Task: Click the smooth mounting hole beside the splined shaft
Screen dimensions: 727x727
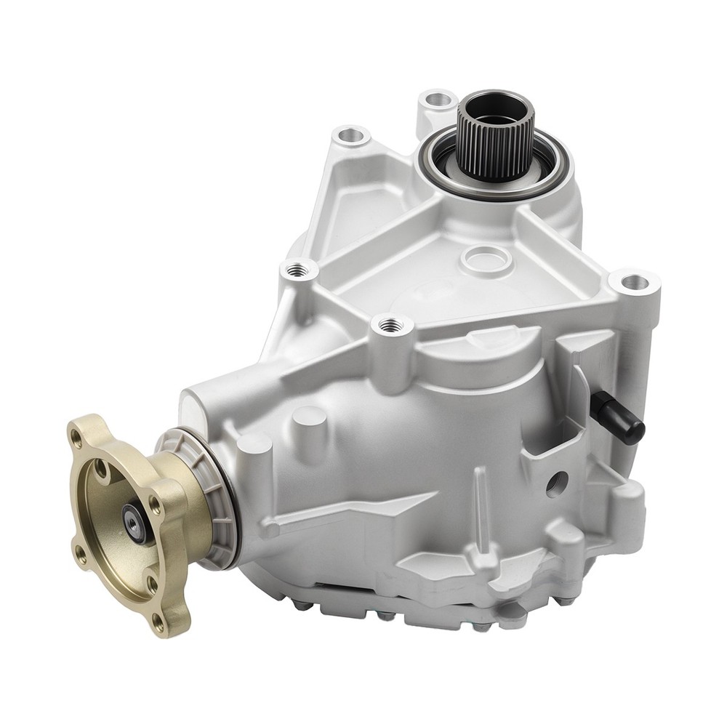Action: (x=437, y=99)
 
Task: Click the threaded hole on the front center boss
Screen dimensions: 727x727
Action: (x=391, y=324)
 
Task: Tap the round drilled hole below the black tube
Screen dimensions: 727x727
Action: (x=556, y=483)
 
